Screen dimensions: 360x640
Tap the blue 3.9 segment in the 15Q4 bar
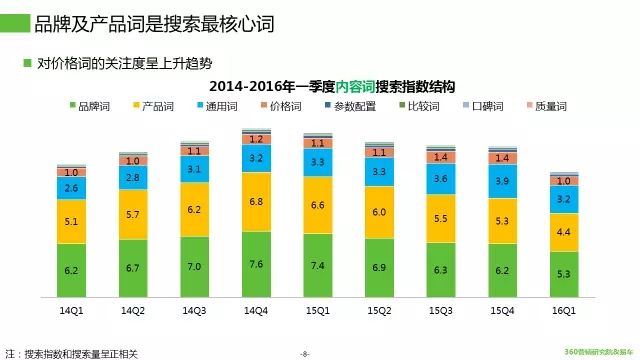click(503, 180)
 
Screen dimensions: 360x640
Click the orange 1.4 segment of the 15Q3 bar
click(441, 157)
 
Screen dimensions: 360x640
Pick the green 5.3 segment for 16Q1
click(564, 273)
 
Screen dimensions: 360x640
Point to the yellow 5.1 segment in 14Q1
click(72, 223)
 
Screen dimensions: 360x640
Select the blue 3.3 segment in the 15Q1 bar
click(318, 161)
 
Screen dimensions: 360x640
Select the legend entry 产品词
click(153, 105)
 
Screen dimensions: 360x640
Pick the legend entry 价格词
click(284, 105)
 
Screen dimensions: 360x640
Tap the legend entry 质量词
click(550, 105)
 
